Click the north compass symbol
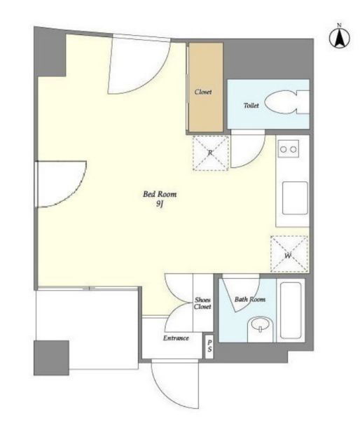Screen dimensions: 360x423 point(339,38)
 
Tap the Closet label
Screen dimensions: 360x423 point(203,92)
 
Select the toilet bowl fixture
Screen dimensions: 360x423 point(286,102)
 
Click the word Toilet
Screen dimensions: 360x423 point(251,106)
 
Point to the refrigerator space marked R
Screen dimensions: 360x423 point(211,153)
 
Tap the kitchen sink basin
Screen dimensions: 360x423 point(295,198)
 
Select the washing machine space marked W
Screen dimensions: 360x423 point(289,254)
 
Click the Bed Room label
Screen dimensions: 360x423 point(160,194)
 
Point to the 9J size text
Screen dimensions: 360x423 point(160,204)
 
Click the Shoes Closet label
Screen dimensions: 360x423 point(202,303)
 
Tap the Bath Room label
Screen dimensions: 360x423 point(250,299)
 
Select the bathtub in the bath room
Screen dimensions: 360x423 point(291,310)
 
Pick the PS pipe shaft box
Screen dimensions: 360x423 point(209,347)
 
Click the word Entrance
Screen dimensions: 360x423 point(176,338)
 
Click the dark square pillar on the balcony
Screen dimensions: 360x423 point(51,358)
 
